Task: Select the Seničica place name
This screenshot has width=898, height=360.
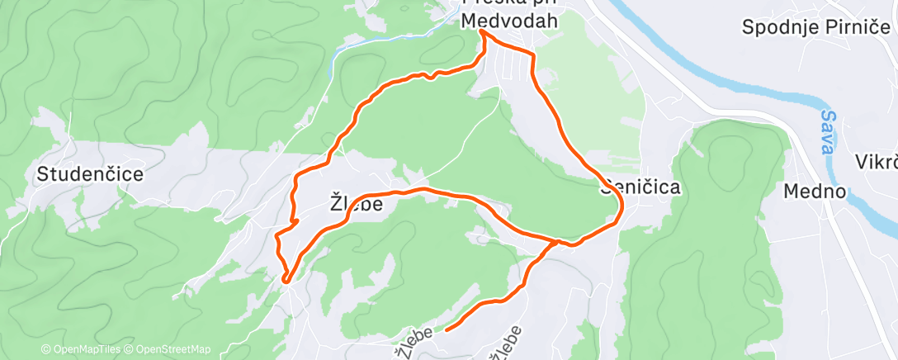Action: pos(641,187)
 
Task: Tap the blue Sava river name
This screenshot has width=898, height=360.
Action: pos(828,130)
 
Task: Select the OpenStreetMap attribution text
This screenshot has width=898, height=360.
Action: pos(168,349)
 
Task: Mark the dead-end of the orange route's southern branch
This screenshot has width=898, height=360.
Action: pos(447,329)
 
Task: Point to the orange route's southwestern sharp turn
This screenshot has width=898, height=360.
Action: pos(286,280)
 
